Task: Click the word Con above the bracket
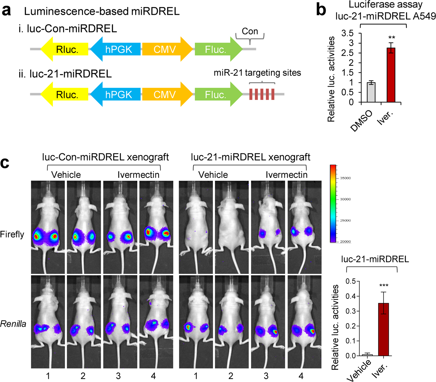[x=250, y=32]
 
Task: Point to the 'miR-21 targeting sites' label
[x=257, y=72]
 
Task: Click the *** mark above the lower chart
[x=384, y=286]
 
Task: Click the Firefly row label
[x=12, y=234]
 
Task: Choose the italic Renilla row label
[x=13, y=324]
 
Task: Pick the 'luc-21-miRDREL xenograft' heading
[x=251, y=157]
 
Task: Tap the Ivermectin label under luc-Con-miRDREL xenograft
[x=138, y=175]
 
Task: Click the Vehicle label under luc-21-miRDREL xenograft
[x=213, y=175]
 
